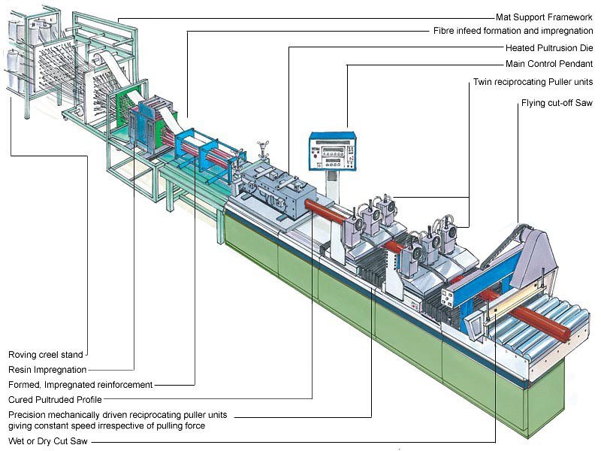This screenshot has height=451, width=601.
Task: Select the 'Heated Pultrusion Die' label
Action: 550,47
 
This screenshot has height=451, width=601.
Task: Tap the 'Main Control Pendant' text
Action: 549,64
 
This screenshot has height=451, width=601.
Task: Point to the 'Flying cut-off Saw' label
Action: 557,102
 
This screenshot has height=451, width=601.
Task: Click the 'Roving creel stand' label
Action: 45,354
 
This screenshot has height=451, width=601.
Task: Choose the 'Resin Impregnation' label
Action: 47,369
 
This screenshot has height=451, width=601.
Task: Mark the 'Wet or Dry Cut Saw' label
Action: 46,441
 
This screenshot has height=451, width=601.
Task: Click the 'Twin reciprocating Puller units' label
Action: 533,81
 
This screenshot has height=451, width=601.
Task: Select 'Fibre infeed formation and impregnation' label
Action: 513,32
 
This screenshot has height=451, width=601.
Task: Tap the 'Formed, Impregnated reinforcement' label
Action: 80,384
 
